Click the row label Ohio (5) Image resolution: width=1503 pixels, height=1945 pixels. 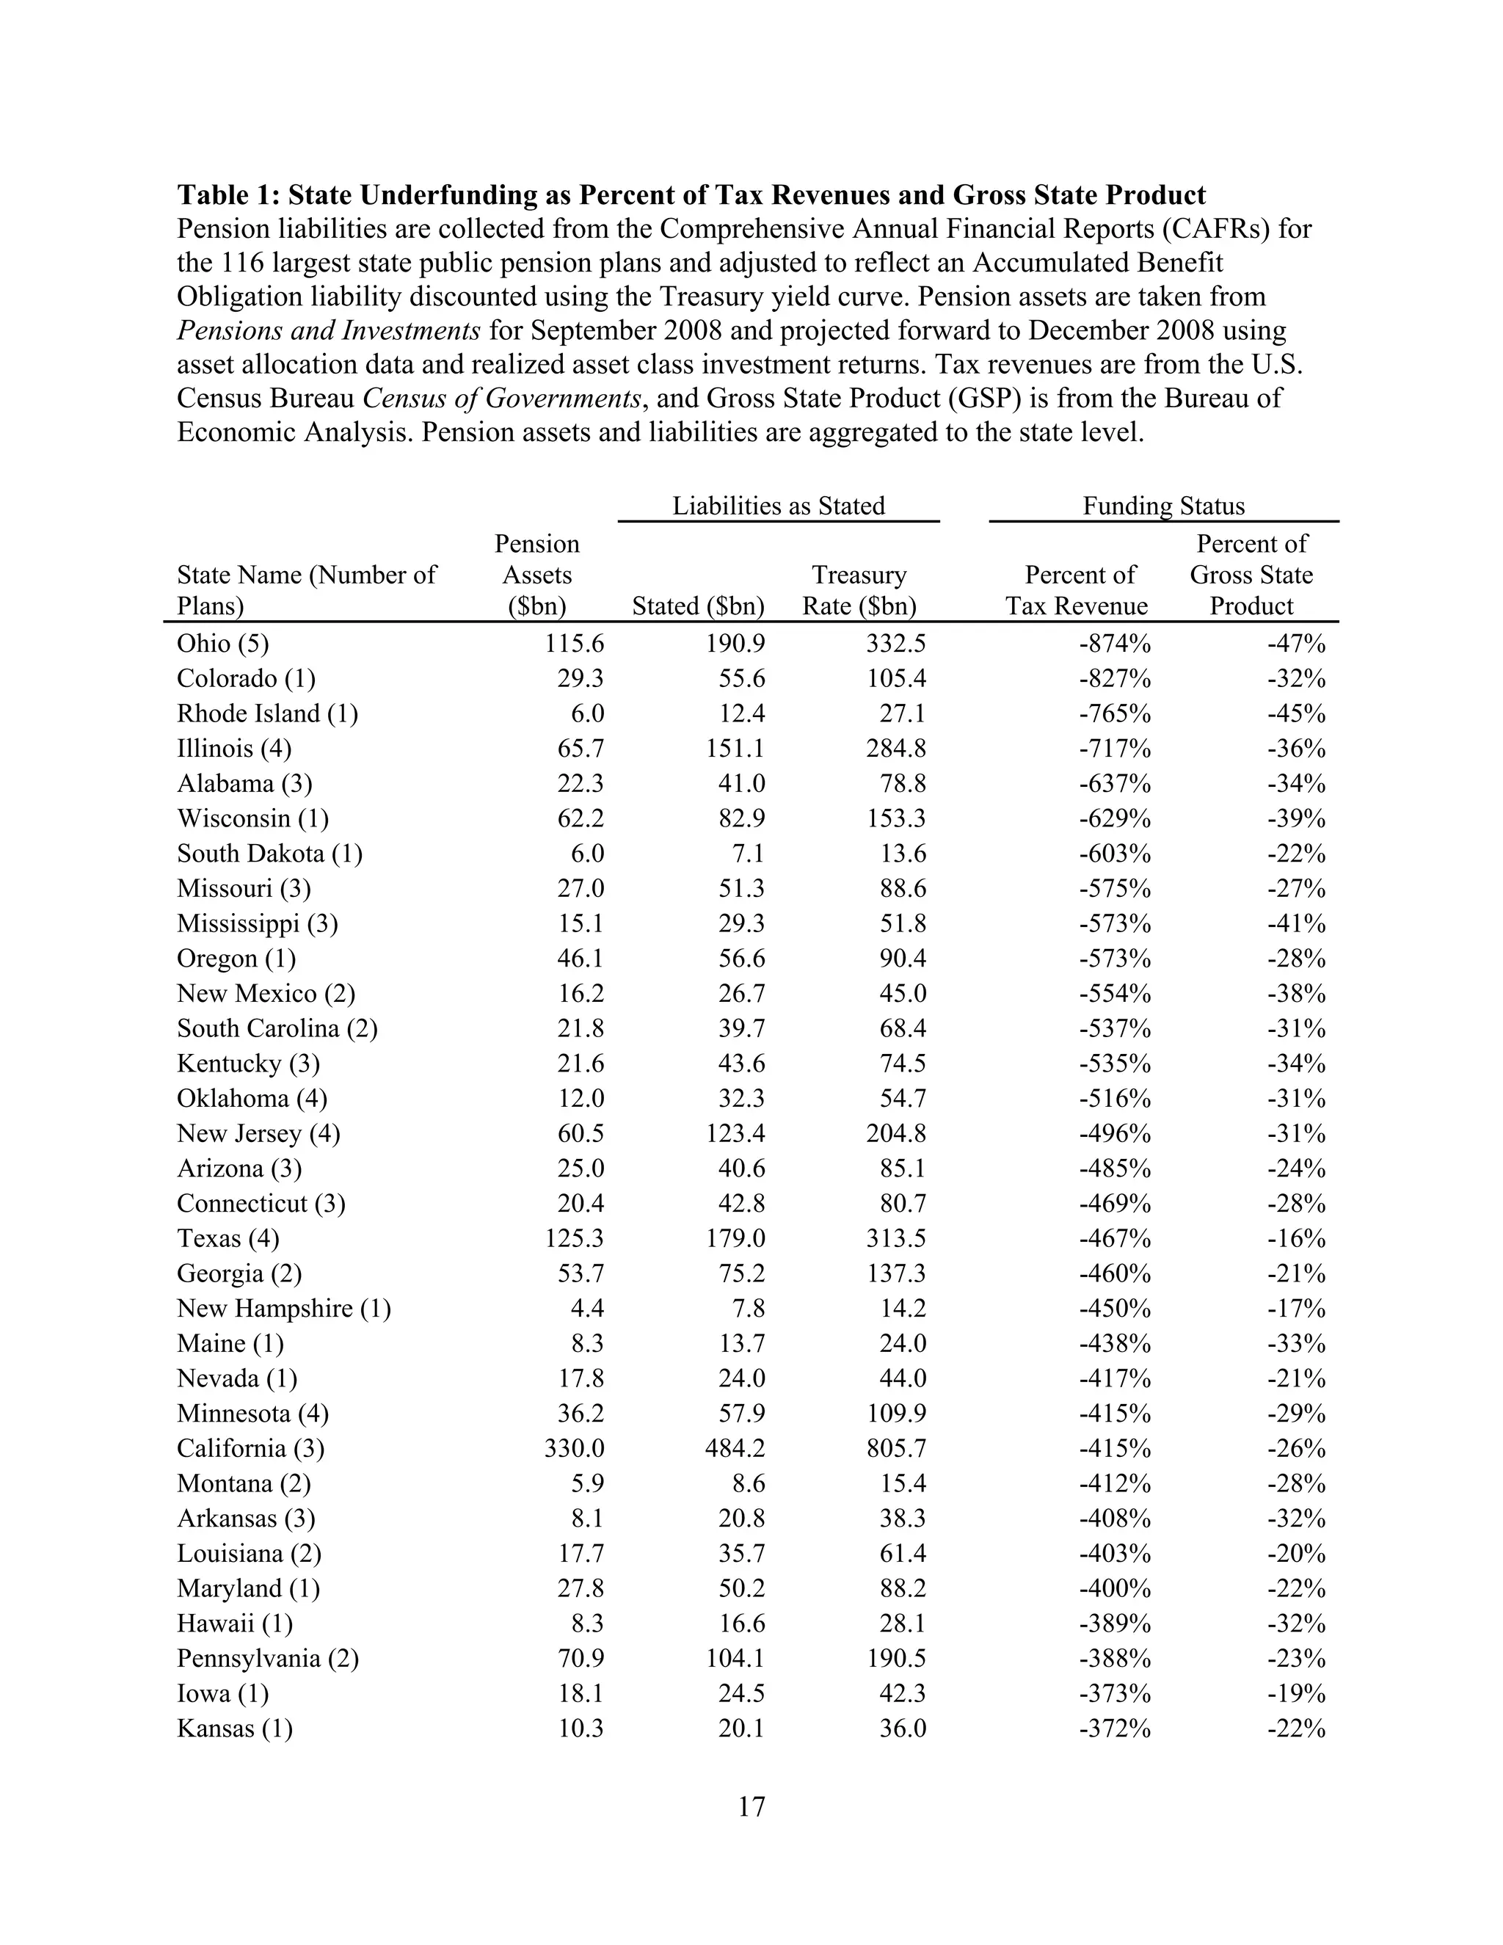point(222,644)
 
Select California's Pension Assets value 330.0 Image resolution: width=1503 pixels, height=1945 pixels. point(575,1449)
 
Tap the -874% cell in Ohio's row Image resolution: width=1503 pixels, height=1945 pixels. point(1115,644)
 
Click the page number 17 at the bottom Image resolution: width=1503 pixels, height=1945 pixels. point(751,1807)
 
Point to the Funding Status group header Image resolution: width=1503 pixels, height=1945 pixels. point(1163,506)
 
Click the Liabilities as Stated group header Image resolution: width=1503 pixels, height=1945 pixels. point(778,506)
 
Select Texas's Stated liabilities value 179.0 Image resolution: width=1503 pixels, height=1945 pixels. point(735,1239)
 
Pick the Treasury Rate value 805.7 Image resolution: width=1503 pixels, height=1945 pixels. point(897,1449)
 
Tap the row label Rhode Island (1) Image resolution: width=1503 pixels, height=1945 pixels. point(267,714)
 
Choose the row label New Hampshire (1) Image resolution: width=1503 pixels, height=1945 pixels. point(283,1309)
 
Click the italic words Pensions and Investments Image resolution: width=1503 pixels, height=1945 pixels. point(329,330)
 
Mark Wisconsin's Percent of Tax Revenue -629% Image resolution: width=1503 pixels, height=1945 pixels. point(1115,818)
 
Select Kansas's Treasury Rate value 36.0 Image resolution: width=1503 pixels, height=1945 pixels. point(903,1728)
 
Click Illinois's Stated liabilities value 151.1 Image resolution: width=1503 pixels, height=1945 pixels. point(735,749)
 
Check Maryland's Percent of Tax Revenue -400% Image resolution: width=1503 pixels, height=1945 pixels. point(1115,1589)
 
